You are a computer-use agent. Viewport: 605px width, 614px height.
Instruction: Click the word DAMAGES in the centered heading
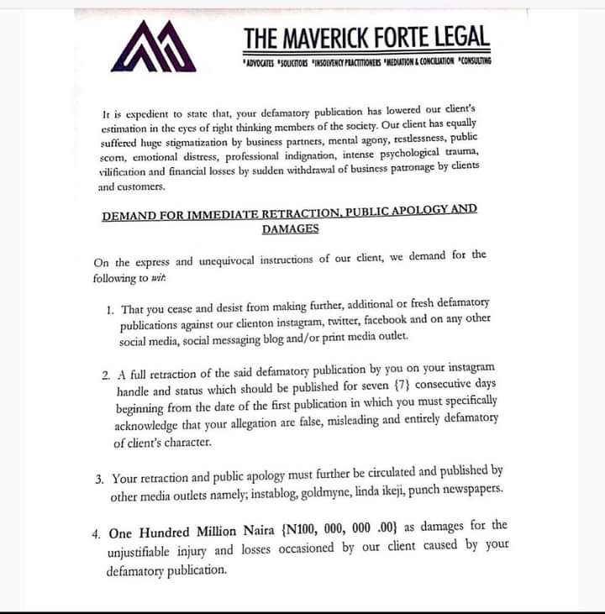[289, 228]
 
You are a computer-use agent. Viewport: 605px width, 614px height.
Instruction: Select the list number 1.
[109, 308]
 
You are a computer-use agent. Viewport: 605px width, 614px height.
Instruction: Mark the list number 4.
[97, 533]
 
